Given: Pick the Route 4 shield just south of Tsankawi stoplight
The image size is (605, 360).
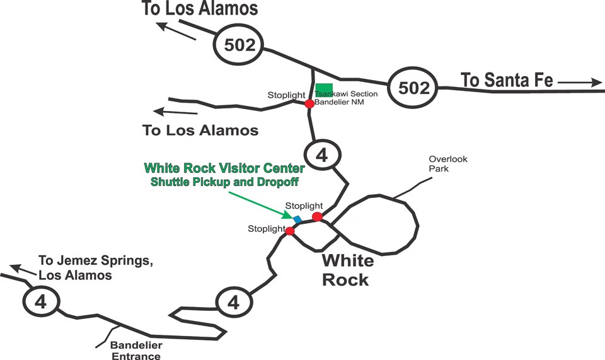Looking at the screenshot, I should tap(322, 155).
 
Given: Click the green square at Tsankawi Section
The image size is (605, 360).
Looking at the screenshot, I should tap(324, 89).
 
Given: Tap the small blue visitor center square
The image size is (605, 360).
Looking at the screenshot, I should tap(297, 218).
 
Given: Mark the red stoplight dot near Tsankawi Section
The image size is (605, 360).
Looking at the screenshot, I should tap(309, 103).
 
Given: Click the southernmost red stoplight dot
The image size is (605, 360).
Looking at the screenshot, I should tap(290, 231).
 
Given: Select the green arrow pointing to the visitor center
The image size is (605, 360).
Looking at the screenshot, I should tap(258, 203).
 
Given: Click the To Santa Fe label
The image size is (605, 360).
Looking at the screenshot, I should tap(507, 80).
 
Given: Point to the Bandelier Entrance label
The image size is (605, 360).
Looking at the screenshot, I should tap(136, 351).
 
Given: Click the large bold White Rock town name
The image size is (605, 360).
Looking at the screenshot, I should tap(347, 270).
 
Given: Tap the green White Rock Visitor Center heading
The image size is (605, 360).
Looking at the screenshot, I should tap(224, 168).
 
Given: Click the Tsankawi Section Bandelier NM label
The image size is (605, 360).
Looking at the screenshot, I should tap(346, 98).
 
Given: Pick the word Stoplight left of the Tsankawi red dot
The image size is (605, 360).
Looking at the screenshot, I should tap(285, 95).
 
